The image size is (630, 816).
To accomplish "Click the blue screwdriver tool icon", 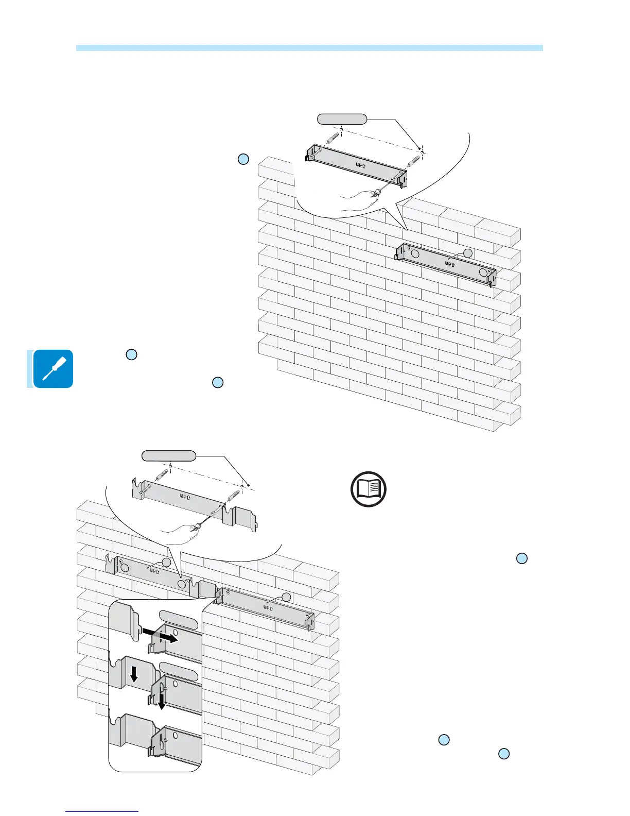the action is click(x=52, y=368).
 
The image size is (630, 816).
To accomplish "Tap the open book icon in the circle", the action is click(x=369, y=489).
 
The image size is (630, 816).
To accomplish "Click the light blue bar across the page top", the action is click(x=309, y=48).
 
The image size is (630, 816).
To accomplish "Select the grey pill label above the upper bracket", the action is click(x=342, y=120).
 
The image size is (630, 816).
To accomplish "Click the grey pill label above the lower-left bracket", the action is click(x=169, y=456).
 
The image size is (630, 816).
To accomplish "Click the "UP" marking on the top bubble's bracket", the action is click(x=360, y=165).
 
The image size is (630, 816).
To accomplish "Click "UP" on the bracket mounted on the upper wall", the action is click(x=449, y=264).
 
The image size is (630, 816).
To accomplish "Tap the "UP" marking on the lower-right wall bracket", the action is click(x=268, y=608).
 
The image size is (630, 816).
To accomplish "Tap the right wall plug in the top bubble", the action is click(x=414, y=160).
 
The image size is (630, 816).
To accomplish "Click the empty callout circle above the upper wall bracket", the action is click(x=467, y=253).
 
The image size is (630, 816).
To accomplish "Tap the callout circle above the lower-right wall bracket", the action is click(x=286, y=597).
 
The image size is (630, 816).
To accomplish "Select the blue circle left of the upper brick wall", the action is click(x=243, y=159).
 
